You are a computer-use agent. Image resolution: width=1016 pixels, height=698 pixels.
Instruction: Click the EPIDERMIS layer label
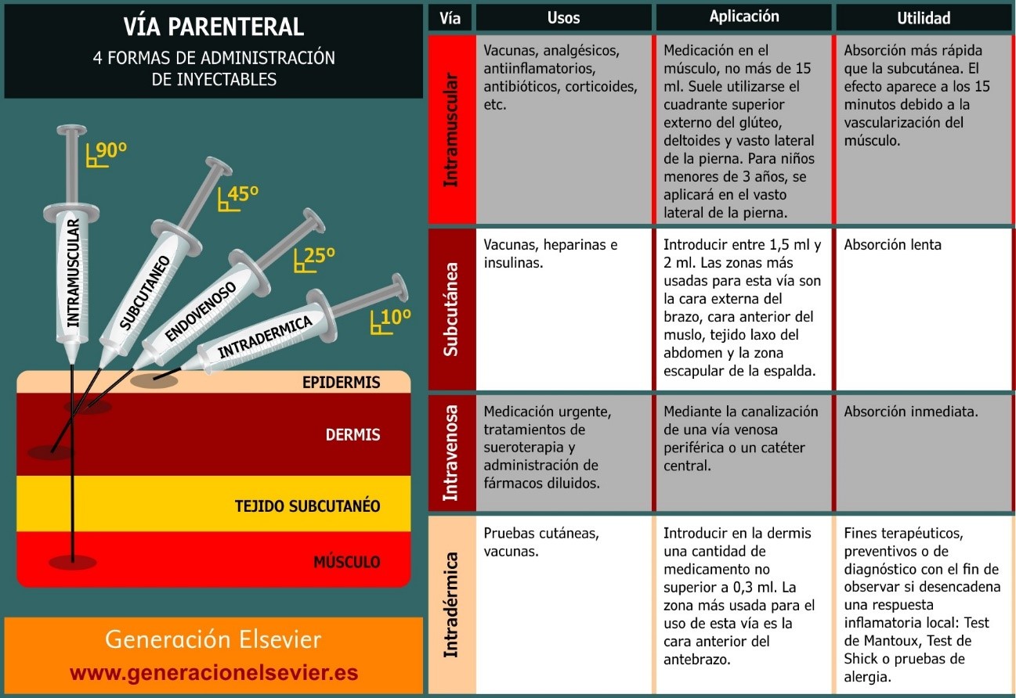pos(341,383)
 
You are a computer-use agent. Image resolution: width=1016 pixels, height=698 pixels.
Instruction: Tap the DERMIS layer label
pos(353,435)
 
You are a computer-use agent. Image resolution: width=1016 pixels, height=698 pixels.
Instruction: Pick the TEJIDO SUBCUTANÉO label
pos(307,506)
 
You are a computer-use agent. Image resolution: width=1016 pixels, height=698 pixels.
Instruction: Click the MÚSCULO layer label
pos(347,562)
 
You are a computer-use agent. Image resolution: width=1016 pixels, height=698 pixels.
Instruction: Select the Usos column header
pos(563,17)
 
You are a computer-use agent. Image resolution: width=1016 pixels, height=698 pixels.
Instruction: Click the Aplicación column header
pos(743,16)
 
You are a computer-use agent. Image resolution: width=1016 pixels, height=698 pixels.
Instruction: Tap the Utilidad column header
pos(924,17)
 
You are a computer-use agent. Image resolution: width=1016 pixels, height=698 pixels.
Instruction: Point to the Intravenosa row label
pos(451,453)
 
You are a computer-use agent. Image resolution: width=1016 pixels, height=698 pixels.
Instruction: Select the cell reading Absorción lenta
pos(892,245)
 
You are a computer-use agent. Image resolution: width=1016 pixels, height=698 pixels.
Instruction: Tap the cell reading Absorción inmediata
pos(910,412)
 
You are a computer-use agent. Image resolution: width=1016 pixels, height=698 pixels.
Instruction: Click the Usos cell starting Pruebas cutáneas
pos(541,541)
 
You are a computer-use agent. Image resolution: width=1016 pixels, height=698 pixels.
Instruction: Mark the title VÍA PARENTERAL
pos(214,27)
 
